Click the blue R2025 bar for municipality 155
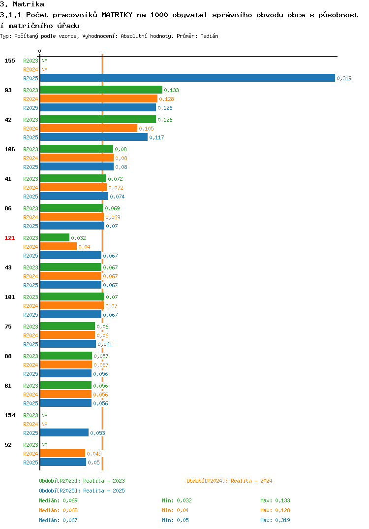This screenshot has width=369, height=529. (x=188, y=78)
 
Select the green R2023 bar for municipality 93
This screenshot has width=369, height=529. (x=101, y=90)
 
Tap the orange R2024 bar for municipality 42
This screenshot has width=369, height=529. (x=89, y=128)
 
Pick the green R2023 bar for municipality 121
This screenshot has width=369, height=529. (x=55, y=237)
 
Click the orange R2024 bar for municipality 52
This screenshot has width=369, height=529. (x=62, y=453)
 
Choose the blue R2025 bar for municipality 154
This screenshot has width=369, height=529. (x=64, y=432)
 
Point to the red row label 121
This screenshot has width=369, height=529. (x=10, y=238)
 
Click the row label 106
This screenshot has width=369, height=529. (x=10, y=149)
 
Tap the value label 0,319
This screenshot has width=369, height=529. (x=344, y=78)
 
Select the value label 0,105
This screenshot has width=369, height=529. (x=146, y=129)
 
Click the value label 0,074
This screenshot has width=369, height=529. (x=117, y=197)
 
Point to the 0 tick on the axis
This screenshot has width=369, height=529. (x=40, y=51)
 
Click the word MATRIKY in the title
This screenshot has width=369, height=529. (x=117, y=15)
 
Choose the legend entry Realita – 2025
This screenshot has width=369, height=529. (x=104, y=491)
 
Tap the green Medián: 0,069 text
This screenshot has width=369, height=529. (x=58, y=500)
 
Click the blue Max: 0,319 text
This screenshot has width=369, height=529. (x=275, y=520)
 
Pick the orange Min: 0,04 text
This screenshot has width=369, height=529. (x=175, y=510)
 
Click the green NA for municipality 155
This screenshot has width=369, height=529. (x=44, y=61)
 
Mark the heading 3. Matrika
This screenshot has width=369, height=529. (x=22, y=4)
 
